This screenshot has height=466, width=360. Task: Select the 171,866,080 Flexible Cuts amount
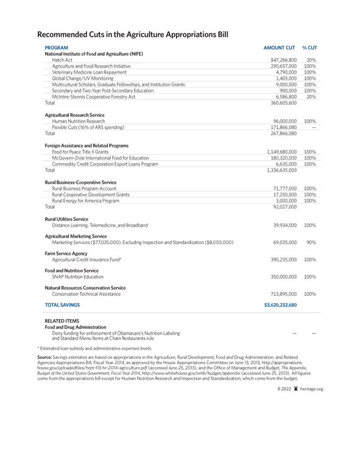point(286,128)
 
